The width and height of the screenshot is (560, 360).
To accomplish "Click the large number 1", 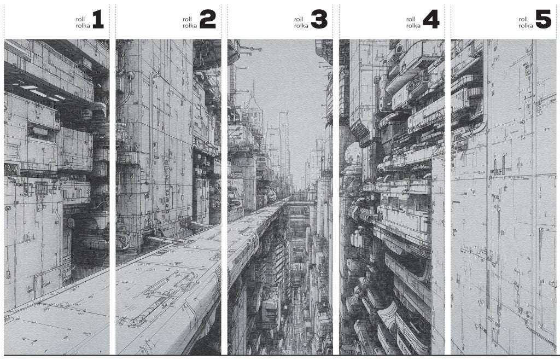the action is [98, 19].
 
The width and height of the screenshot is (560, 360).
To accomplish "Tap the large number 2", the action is [207, 19].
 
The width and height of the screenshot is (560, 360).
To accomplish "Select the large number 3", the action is [319, 19].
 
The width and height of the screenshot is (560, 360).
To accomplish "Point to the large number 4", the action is [431, 19].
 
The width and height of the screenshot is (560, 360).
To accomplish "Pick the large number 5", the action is [543, 19].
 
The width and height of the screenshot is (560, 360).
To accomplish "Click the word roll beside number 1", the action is [80, 19].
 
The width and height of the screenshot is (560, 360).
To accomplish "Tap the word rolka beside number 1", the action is [83, 26].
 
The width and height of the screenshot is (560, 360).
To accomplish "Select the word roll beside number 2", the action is [187, 19].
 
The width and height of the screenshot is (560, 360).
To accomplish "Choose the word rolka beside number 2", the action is [190, 26].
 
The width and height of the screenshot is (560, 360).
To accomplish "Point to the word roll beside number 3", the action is [299, 19].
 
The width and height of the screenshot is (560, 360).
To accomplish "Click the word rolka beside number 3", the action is [301, 26].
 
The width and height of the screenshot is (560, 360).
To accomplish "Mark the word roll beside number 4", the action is [411, 19].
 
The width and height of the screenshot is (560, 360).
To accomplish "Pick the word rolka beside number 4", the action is [413, 26].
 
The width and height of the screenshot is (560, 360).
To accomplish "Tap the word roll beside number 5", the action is [523, 19].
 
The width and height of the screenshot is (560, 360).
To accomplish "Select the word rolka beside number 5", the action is [526, 26].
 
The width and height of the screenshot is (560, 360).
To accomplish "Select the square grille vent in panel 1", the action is [42, 188].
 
